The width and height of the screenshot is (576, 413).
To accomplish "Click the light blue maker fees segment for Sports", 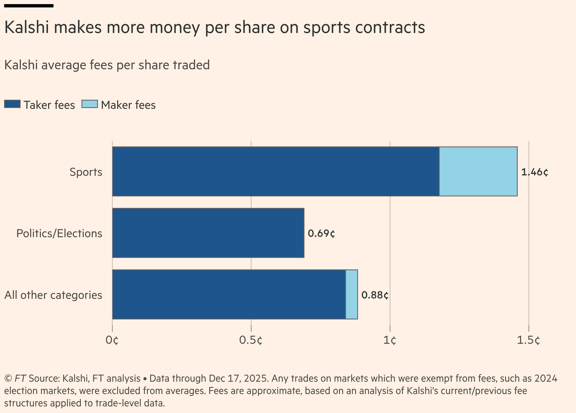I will pos(478,171).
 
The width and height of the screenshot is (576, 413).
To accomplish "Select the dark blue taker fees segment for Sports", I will pos(275,171).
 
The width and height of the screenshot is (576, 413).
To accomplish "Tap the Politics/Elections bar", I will pos(208,233).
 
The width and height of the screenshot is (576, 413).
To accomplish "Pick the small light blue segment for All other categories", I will pos(352,294).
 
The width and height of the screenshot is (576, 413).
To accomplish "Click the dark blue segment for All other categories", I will pos(229,294).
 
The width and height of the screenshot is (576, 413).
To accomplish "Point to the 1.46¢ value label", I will pos(534,172).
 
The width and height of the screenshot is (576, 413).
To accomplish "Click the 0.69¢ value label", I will pos(321,233).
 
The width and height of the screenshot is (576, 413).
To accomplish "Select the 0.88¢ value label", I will pos(375,295).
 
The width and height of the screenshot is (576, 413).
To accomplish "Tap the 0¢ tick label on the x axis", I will pos(112,340).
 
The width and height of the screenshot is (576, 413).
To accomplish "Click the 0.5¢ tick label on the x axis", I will pos(251,340).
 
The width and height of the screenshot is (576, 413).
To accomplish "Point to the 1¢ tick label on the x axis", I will pos(389,340).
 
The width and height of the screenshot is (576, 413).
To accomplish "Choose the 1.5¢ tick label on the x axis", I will pos(528,340).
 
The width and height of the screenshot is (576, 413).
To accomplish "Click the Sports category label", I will pos(86,172).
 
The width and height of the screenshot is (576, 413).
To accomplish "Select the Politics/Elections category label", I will pos(59,233).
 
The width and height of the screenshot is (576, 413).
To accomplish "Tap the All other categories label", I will pos(53,295).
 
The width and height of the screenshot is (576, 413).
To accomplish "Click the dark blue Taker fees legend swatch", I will pos(12,104).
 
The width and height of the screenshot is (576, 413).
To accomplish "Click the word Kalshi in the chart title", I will pos(27,27).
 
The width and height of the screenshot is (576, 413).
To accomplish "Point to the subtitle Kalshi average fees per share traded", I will pos(107,65).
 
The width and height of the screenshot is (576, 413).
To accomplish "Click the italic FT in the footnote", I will pos(20,378).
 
